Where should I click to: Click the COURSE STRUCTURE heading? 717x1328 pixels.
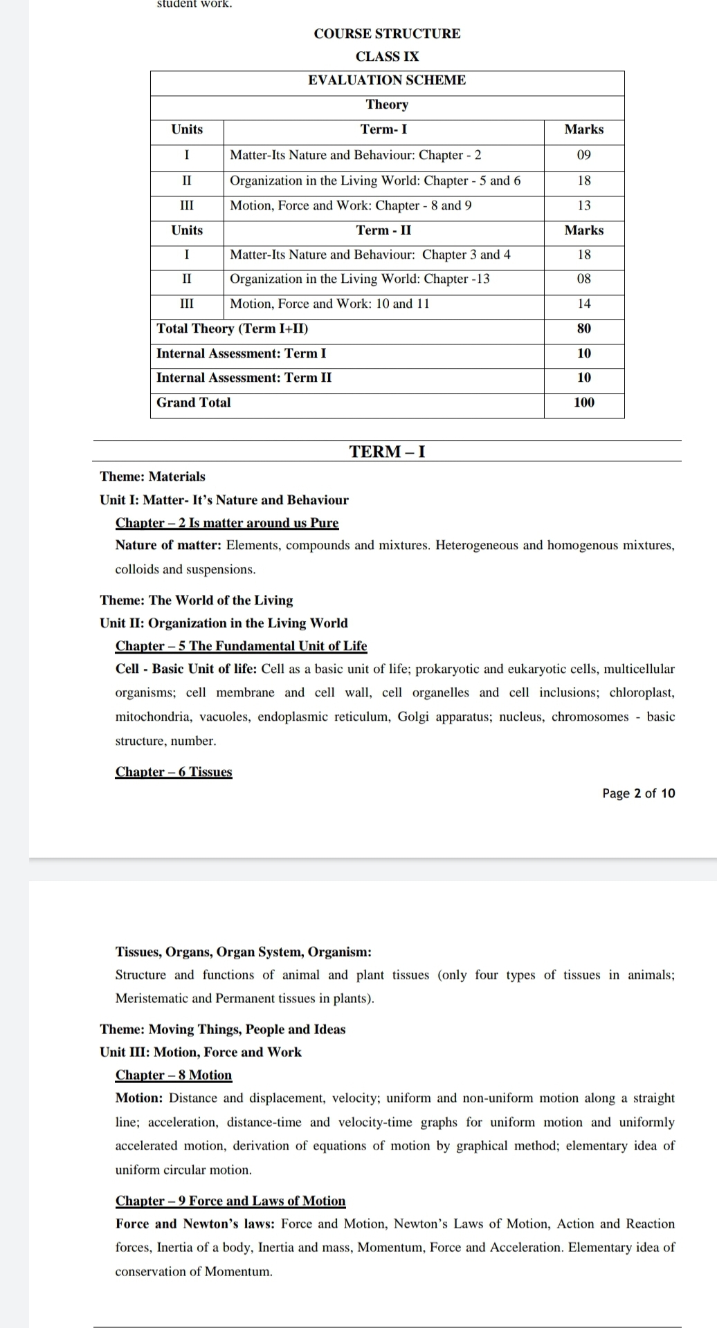(387, 34)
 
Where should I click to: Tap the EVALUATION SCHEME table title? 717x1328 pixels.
(387, 80)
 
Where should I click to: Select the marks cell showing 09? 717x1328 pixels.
(584, 155)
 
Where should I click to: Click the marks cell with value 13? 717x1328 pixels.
(584, 205)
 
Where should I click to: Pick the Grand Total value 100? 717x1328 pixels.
(584, 403)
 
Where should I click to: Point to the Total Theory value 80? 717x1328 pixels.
(584, 329)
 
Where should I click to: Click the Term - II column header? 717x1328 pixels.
(383, 230)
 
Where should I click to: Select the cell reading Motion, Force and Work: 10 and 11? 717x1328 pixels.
(329, 304)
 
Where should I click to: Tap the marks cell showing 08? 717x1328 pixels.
(584, 279)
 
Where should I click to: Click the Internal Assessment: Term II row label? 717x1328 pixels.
(244, 378)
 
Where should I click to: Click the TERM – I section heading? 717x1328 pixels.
(387, 452)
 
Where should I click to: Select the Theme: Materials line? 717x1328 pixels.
(152, 477)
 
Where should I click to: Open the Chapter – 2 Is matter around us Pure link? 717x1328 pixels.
(227, 523)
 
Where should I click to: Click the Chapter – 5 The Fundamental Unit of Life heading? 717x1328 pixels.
(241, 646)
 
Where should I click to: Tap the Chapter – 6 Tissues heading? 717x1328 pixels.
(174, 772)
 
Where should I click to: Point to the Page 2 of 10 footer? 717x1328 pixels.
(638, 793)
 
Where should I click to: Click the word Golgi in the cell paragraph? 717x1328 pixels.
(413, 717)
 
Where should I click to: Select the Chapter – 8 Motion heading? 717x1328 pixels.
(174, 1075)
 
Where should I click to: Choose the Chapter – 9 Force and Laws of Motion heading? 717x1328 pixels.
(230, 1201)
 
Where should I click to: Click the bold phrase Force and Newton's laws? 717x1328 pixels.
(195, 1224)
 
